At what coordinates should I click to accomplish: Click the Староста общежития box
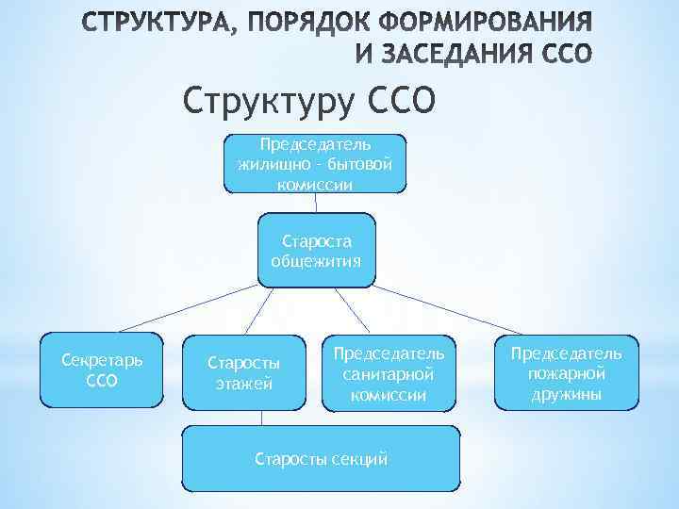pos(316,250)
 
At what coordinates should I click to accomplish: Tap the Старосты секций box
pos(322,458)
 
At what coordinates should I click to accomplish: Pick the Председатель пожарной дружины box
pos(566,373)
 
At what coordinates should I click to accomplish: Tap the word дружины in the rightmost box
pos(566,394)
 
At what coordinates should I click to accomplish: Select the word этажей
pos(243,383)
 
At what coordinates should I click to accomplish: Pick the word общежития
pos(316,261)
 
